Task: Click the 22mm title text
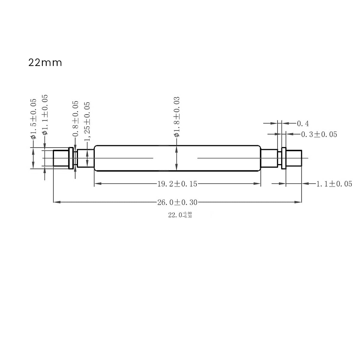click(x=45, y=63)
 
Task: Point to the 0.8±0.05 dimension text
click(x=76, y=119)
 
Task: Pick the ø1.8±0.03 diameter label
click(x=177, y=117)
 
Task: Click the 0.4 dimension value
click(x=303, y=123)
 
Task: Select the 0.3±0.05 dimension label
click(x=319, y=134)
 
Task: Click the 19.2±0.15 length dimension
click(x=177, y=184)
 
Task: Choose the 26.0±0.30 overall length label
click(x=177, y=202)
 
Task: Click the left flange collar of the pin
click(x=71, y=158)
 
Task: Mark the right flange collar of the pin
click(x=284, y=158)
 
